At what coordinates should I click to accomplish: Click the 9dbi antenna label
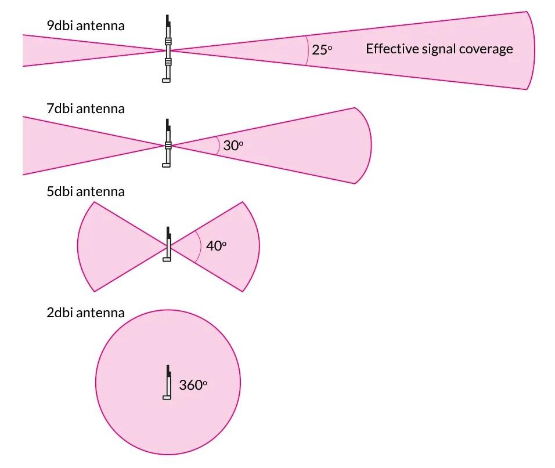[86, 26]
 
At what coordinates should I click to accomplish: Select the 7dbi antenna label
[86, 108]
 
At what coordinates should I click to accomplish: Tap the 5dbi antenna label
[86, 191]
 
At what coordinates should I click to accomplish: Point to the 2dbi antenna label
[86, 313]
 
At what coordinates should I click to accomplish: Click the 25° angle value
[322, 50]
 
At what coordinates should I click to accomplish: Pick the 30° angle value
[233, 146]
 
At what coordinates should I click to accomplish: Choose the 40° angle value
[216, 246]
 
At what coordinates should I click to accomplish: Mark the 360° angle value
[193, 385]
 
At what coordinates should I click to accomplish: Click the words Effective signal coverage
[439, 49]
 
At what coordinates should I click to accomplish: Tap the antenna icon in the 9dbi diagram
[167, 49]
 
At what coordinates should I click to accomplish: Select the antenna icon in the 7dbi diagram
[167, 143]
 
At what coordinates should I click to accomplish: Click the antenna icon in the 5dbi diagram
[167, 244]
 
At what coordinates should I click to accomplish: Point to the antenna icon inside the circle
[167, 382]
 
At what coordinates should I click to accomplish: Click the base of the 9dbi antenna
[167, 81]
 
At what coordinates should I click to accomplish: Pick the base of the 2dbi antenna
[167, 398]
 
